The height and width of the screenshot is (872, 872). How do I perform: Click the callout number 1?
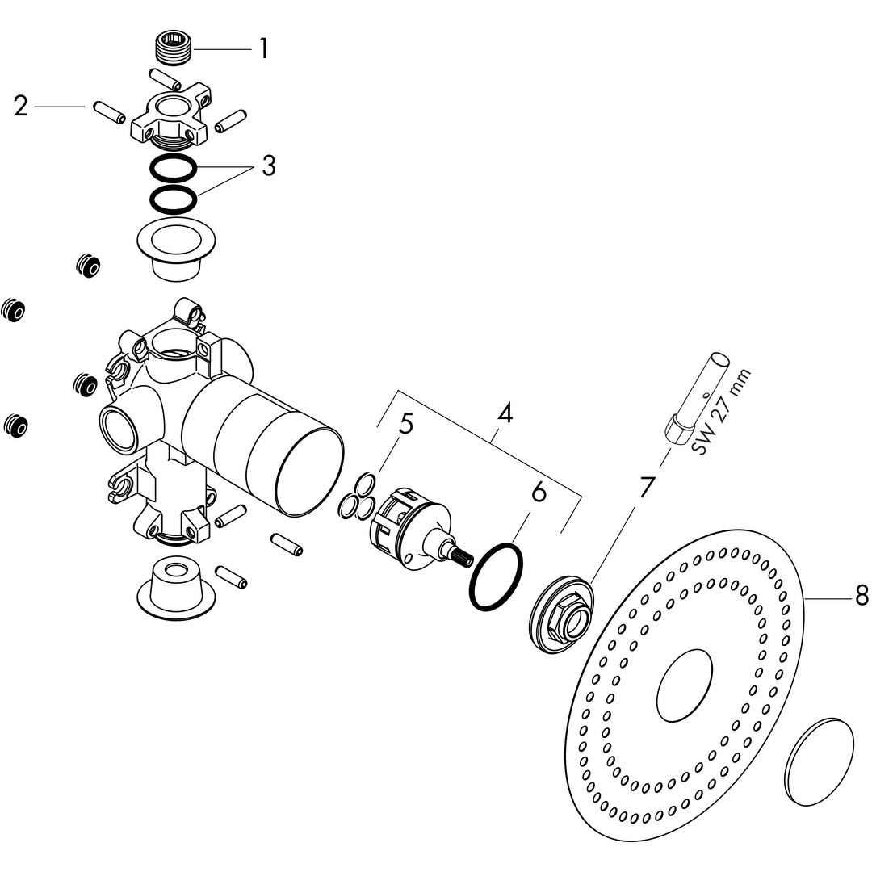(x=264, y=49)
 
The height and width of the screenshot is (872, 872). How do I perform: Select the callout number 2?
(x=20, y=107)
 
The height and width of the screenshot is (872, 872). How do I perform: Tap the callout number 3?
(x=269, y=166)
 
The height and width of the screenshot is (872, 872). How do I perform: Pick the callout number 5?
(x=406, y=425)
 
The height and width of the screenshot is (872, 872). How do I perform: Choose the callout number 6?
(x=539, y=493)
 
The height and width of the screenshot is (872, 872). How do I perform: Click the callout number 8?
(x=862, y=596)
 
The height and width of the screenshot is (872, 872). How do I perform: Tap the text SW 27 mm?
(x=721, y=412)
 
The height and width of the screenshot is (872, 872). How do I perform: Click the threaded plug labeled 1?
(x=173, y=49)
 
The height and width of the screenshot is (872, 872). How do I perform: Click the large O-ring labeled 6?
(x=497, y=576)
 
